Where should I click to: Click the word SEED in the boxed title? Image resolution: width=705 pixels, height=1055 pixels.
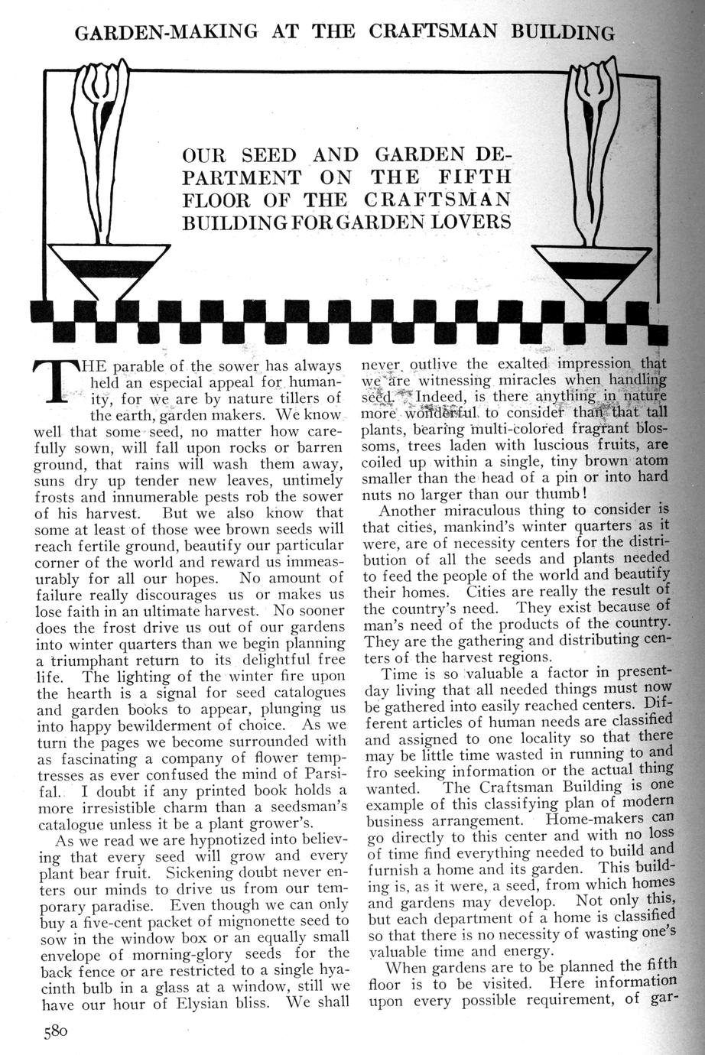pyautogui.click(x=268, y=154)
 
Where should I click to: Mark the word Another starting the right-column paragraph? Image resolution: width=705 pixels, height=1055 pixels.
pyautogui.click(x=417, y=510)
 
